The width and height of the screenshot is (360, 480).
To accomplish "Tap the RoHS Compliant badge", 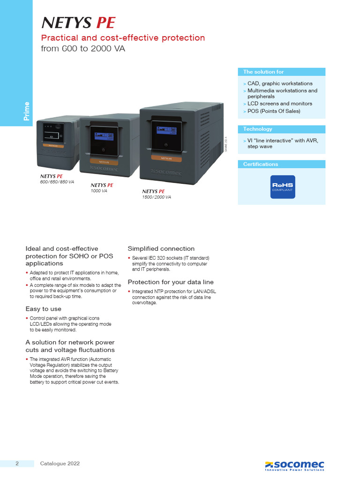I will click(282, 187).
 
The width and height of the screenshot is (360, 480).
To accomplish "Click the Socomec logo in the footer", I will click(294, 465).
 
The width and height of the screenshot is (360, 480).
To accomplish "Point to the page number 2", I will click(17, 464).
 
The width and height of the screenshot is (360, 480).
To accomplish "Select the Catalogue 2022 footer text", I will click(60, 464).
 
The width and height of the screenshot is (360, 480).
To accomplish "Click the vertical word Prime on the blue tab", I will click(27, 111).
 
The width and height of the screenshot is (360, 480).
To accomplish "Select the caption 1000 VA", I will click(99, 191).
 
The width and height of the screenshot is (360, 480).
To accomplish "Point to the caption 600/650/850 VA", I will click(57, 181).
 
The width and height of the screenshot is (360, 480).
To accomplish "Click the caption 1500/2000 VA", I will click(157, 197).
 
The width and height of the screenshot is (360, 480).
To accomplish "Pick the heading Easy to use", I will click(43, 309).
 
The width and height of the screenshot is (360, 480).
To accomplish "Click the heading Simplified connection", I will click(161, 248).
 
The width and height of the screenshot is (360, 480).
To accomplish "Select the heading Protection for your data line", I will click(171, 282).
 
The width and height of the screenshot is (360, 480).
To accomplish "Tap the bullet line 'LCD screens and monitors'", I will click(279, 104).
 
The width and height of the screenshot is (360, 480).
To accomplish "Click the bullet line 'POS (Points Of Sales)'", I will click(274, 111).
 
